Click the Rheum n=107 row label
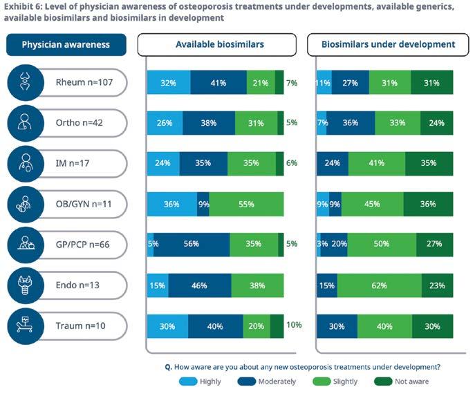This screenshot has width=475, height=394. (82, 83)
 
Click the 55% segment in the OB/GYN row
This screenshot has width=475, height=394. (246, 205)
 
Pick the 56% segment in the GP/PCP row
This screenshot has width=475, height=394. (192, 244)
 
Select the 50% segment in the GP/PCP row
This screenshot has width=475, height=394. (382, 244)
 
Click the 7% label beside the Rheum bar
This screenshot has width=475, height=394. (291, 83)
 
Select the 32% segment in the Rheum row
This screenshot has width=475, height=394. (169, 83)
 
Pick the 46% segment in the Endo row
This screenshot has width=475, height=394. (199, 285)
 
